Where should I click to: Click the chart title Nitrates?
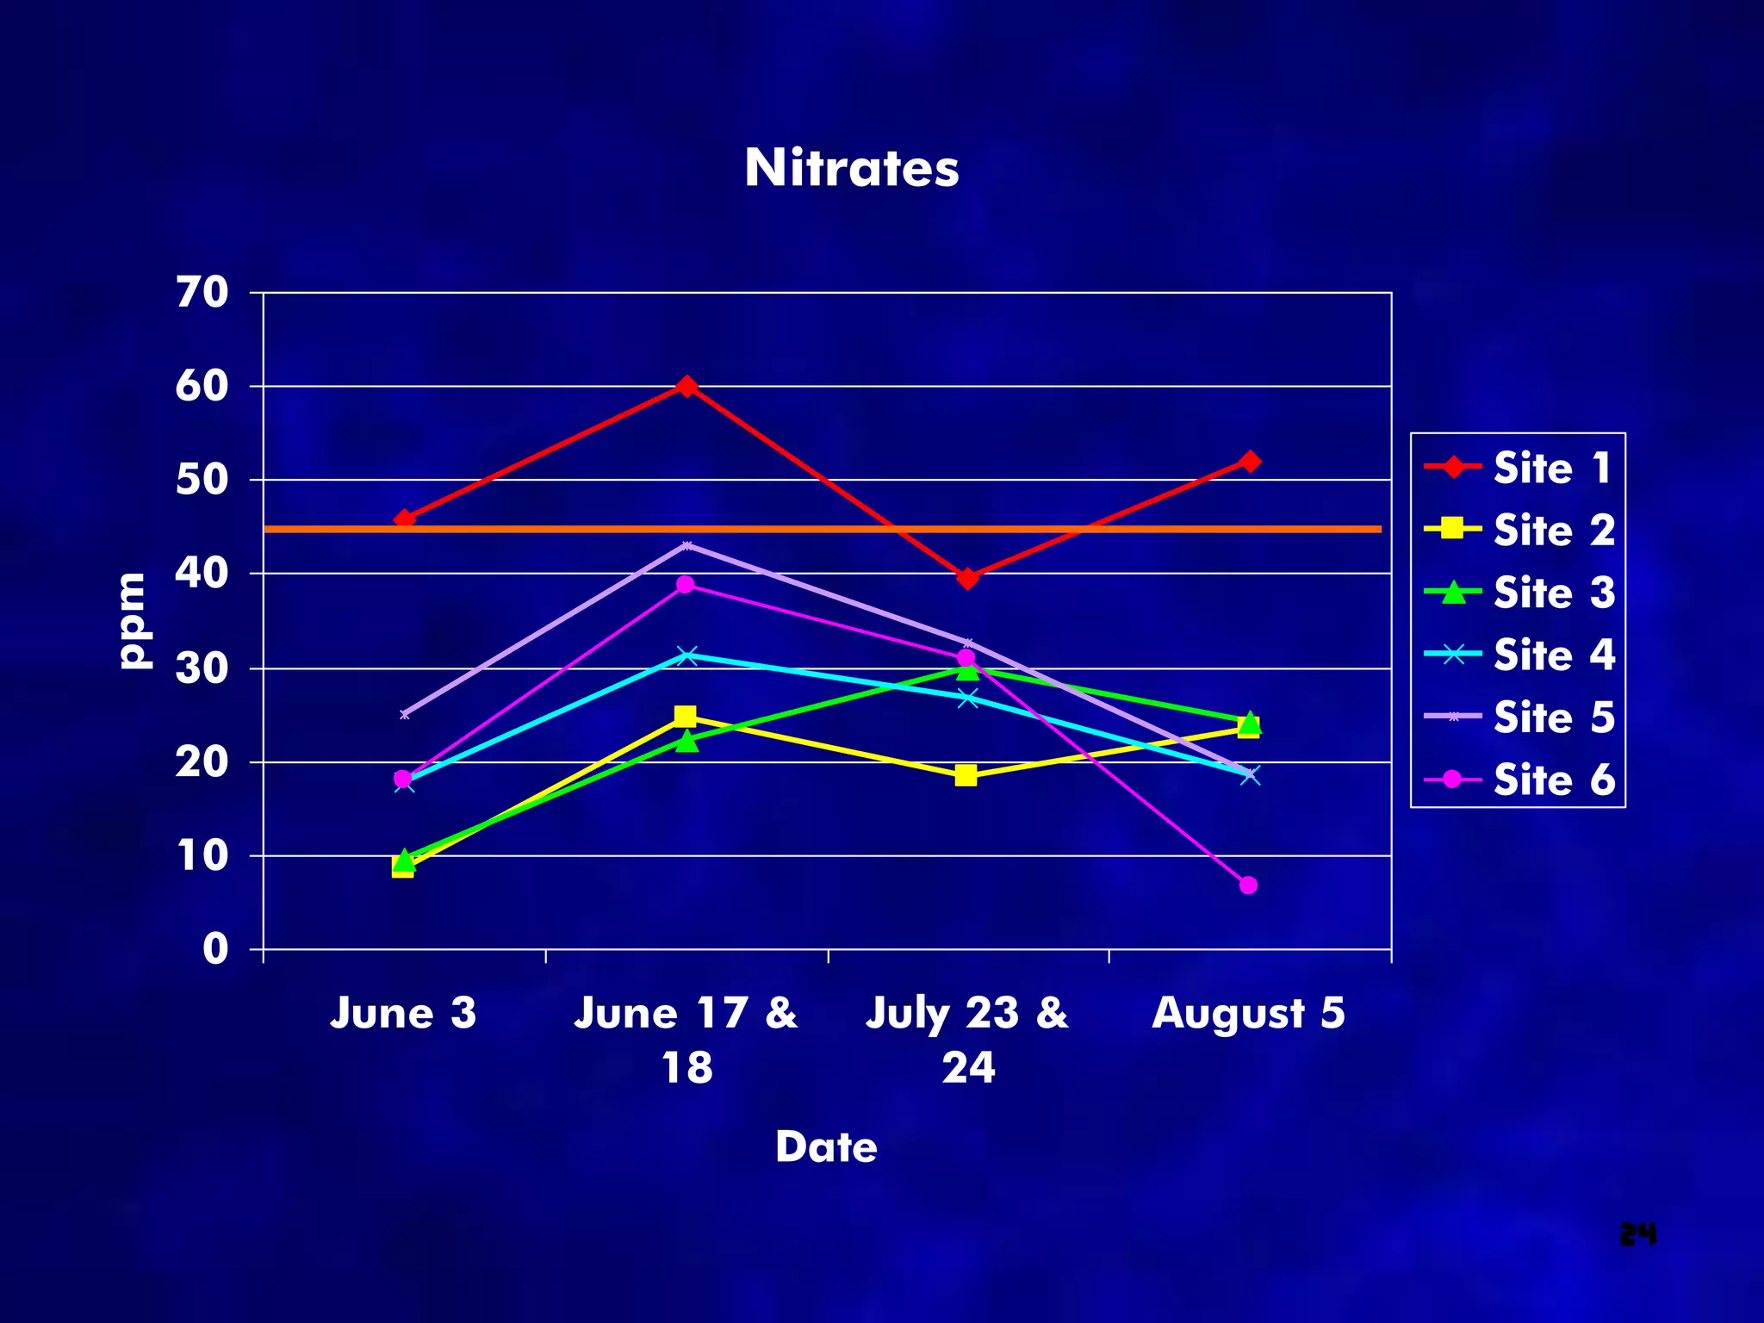[x=851, y=167]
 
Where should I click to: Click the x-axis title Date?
[x=826, y=1146]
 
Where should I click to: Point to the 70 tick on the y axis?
[x=203, y=293]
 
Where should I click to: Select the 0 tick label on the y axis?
[x=215, y=949]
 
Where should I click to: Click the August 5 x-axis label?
[x=1248, y=1012]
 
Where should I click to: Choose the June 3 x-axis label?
[x=403, y=1012]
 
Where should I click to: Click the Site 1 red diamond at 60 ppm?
[x=686, y=386]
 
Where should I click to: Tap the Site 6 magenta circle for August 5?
[x=1248, y=885]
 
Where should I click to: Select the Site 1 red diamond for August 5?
[x=1250, y=462]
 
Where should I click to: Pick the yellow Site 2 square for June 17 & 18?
[x=686, y=717]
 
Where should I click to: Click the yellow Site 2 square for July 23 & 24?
[x=966, y=775]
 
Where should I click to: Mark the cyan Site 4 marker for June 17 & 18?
[x=686, y=655]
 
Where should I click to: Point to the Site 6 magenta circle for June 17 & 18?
[x=686, y=585]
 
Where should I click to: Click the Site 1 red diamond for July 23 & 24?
[x=967, y=578]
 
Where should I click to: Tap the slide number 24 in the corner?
[x=1637, y=1234]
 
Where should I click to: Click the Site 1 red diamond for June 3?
[x=404, y=519]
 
